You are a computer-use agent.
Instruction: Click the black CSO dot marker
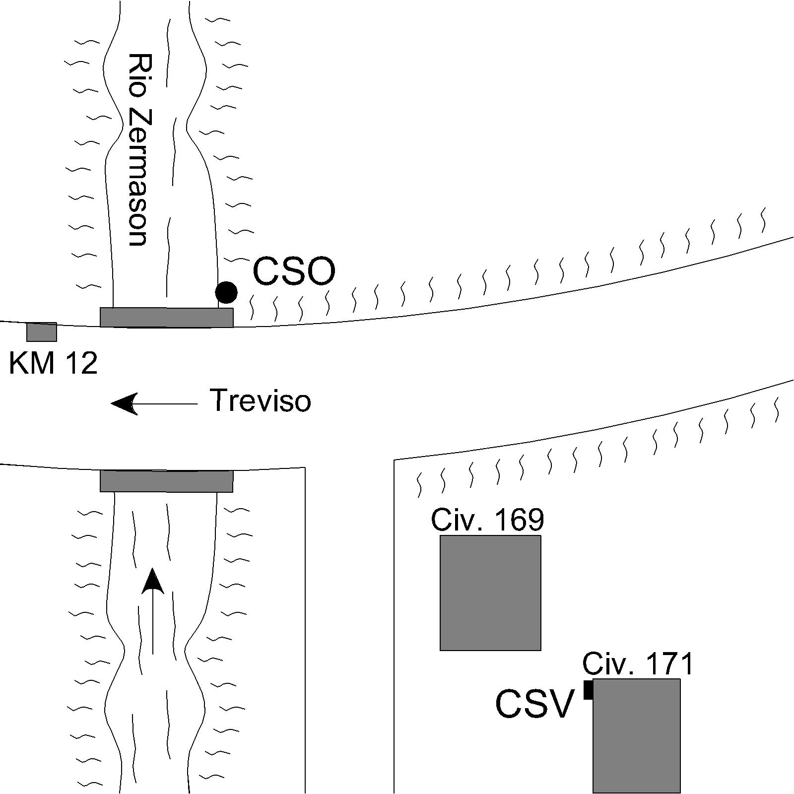click(226, 292)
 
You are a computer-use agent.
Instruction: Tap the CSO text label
click(294, 271)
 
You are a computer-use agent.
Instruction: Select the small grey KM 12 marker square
click(42, 332)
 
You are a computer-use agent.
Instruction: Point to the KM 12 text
click(53, 363)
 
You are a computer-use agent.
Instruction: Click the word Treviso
click(260, 400)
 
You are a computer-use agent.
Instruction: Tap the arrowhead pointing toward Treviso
click(124, 403)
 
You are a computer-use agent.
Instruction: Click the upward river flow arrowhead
click(153, 581)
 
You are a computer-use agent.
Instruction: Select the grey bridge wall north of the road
click(167, 318)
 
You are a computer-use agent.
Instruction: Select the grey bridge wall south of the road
click(167, 481)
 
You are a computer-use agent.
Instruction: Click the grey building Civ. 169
click(490, 593)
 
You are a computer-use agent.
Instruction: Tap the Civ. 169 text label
click(487, 520)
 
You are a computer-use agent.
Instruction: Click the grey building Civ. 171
click(636, 735)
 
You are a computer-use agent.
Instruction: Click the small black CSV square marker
click(589, 690)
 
